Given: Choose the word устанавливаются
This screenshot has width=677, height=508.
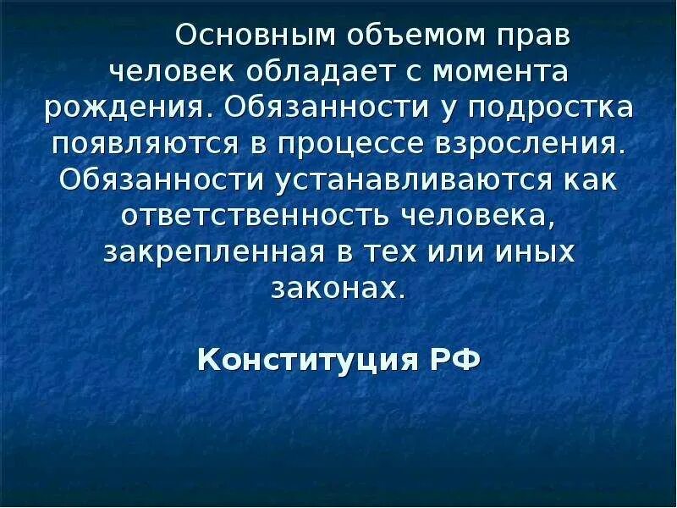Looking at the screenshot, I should [388, 179].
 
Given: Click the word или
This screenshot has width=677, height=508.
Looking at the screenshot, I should [451, 251].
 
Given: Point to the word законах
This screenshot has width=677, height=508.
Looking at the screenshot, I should [338, 288].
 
